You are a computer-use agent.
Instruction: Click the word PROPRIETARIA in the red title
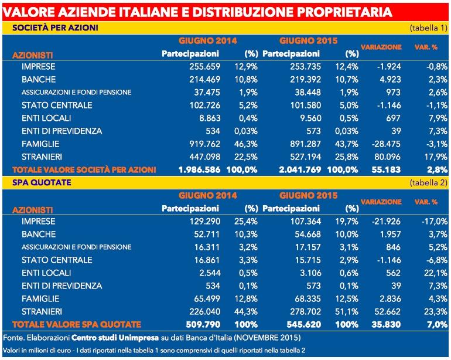pyautogui.click(x=343, y=12)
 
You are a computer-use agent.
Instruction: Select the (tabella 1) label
pyautogui.click(x=429, y=28)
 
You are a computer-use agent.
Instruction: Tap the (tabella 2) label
pyautogui.click(x=429, y=182)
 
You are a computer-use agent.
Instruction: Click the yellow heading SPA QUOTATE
pyautogui.click(x=42, y=182)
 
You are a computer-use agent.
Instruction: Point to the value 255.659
pyautogui.click(x=204, y=66)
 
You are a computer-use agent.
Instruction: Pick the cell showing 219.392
pyautogui.click(x=305, y=80)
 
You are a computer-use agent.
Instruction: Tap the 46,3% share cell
pyautogui.click(x=246, y=144)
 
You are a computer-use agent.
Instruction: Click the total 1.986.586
pyautogui.click(x=199, y=170)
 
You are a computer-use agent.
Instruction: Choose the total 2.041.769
pyautogui.click(x=300, y=170)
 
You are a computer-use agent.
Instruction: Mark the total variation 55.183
pyautogui.click(x=386, y=170)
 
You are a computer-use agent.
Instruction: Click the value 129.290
pyautogui.click(x=205, y=222)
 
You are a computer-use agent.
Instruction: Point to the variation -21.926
pyautogui.click(x=386, y=222)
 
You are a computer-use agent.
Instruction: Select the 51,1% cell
pyautogui.click(x=347, y=311)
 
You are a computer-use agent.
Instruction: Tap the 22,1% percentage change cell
pyautogui.click(x=436, y=273)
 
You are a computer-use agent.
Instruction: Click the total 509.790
pyautogui.click(x=203, y=325)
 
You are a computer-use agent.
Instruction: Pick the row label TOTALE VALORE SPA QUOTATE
pyautogui.click(x=77, y=325)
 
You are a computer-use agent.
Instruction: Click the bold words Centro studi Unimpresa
pyautogui.click(x=115, y=338)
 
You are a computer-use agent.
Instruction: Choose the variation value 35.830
pyautogui.click(x=386, y=325)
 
